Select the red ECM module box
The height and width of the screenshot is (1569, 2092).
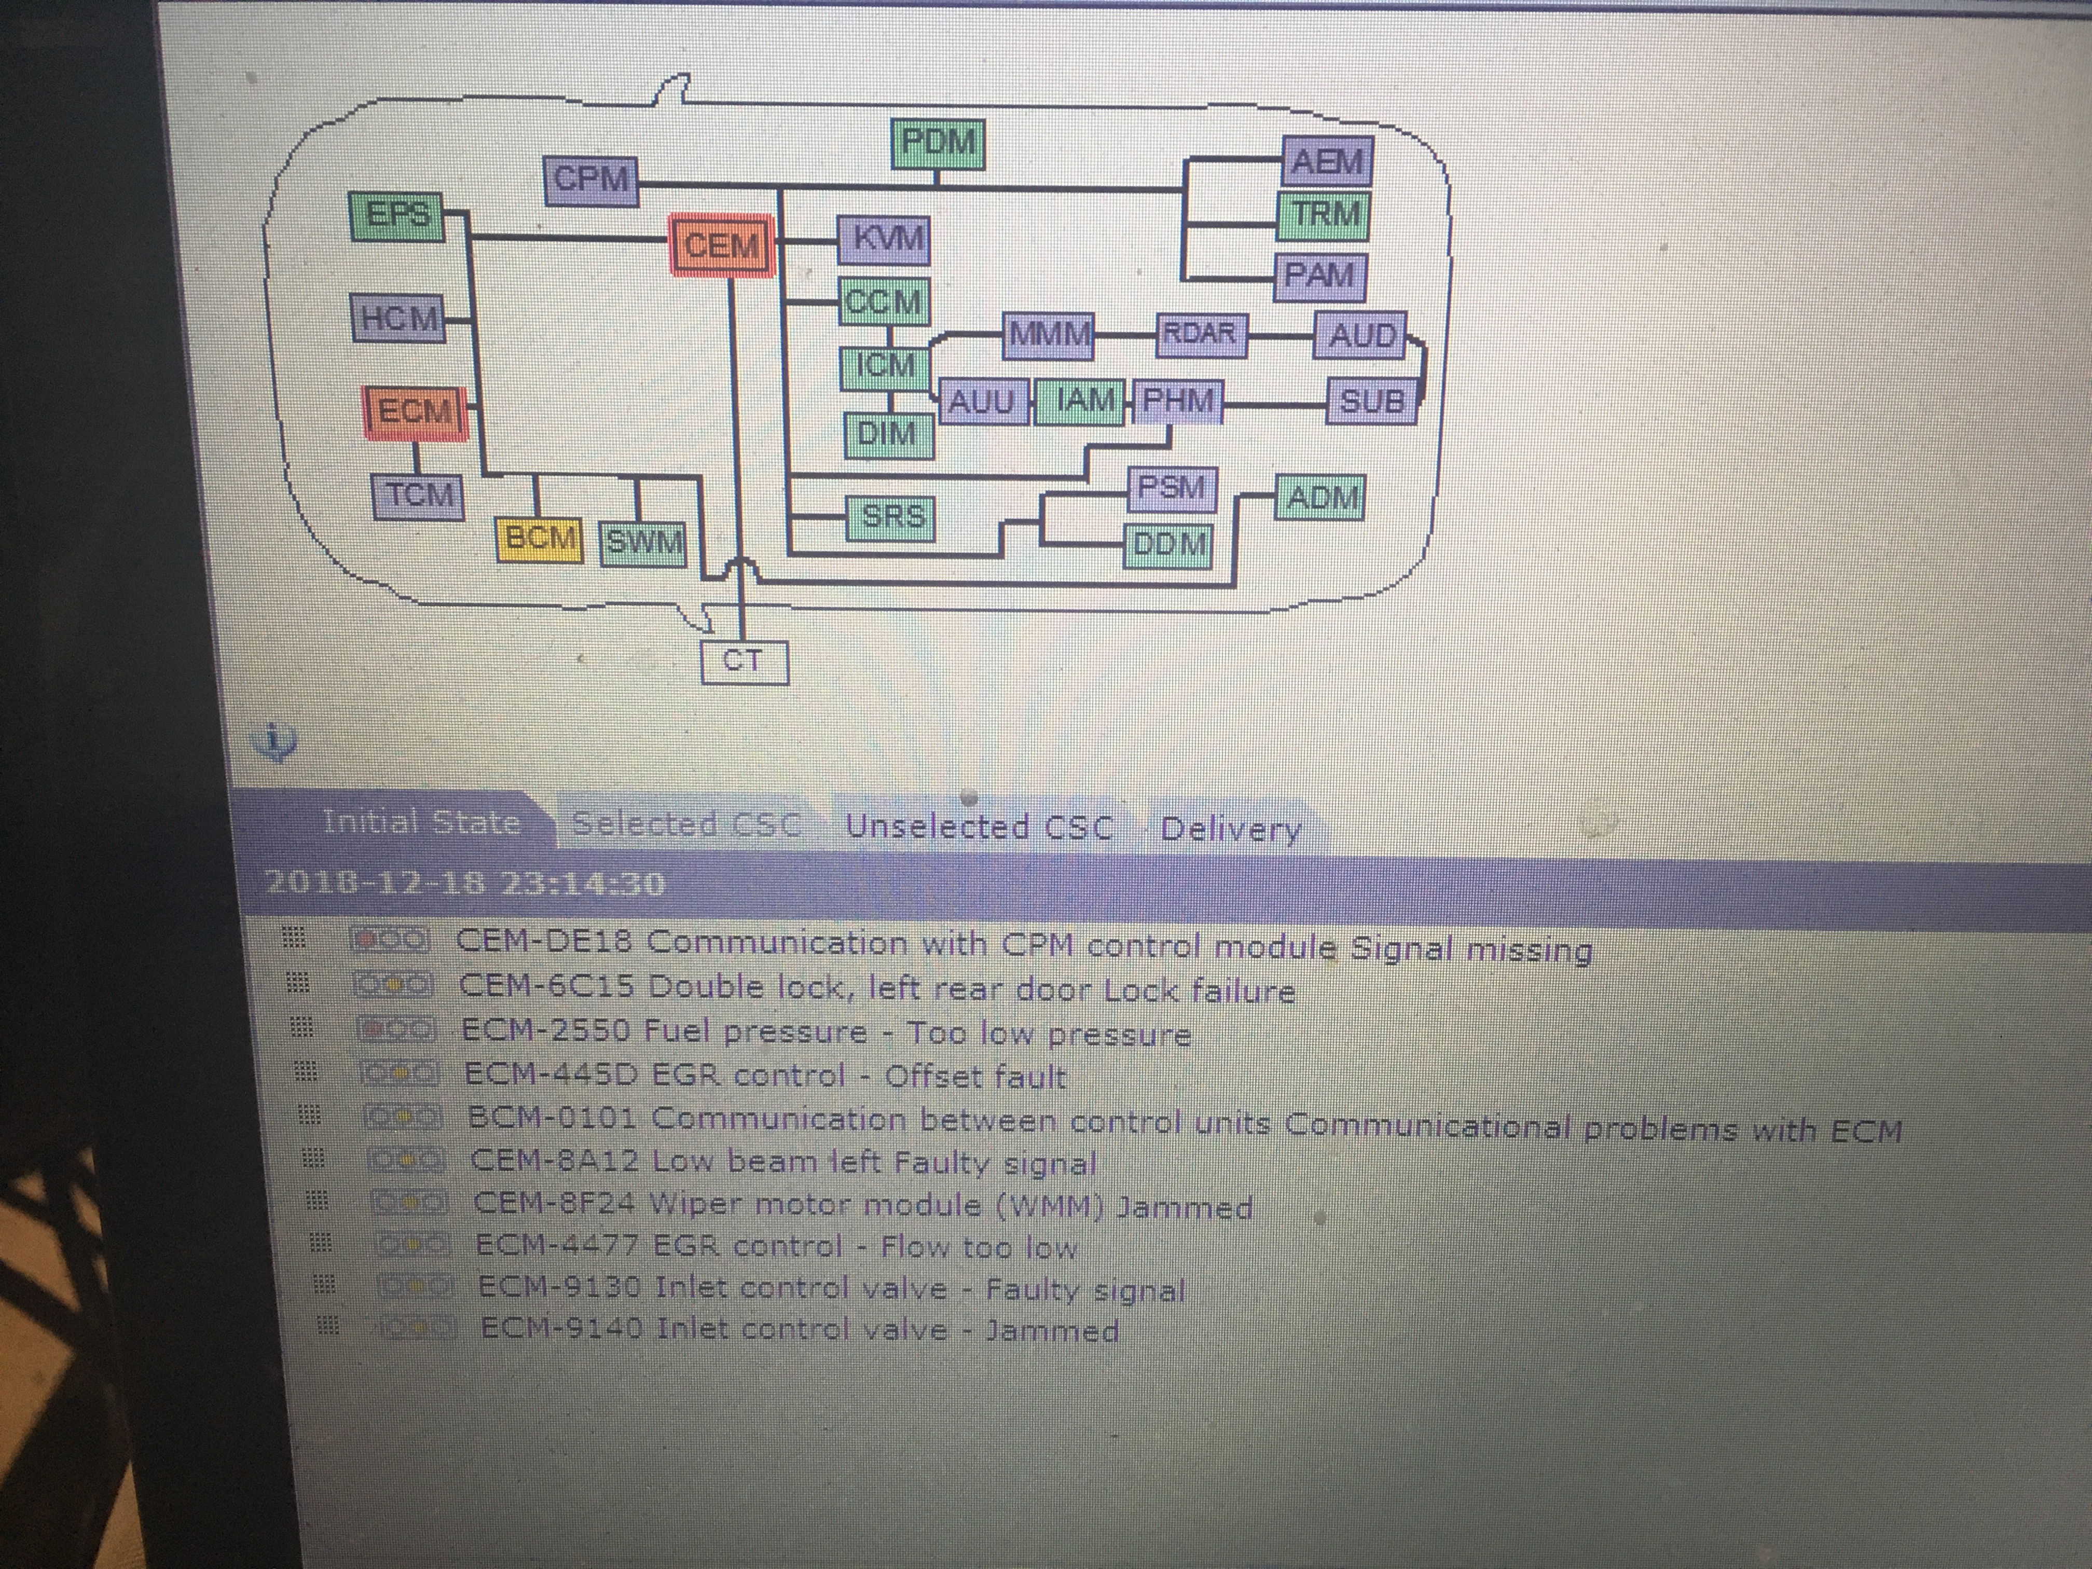click(x=415, y=412)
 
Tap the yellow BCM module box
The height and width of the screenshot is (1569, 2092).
click(x=539, y=539)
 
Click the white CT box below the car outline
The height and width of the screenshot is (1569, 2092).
click(x=744, y=661)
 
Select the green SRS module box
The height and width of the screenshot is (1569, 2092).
click(x=892, y=517)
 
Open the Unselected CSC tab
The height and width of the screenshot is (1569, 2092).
click(x=979, y=827)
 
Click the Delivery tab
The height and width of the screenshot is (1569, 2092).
click(x=1230, y=830)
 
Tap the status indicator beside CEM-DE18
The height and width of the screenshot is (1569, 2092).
click(x=391, y=940)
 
